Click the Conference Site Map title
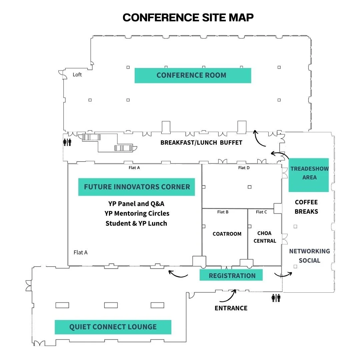click(x=188, y=17)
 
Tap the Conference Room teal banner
click(x=193, y=75)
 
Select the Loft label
click(x=77, y=75)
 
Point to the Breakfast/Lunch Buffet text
click(x=201, y=143)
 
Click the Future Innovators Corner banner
click(x=137, y=187)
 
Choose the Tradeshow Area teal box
click(x=309, y=175)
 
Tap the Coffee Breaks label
click(x=306, y=207)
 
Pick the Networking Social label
click(x=309, y=256)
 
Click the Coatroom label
click(x=227, y=234)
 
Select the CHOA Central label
click(x=265, y=237)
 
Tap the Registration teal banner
click(x=231, y=275)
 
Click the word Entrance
click(x=231, y=308)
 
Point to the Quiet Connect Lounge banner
click(x=113, y=327)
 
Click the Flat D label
click(x=244, y=168)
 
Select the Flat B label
click(x=223, y=212)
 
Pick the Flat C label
click(x=261, y=212)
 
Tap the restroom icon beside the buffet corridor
click(x=67, y=142)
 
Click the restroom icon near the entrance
click(x=276, y=298)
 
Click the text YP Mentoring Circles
click(x=137, y=214)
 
